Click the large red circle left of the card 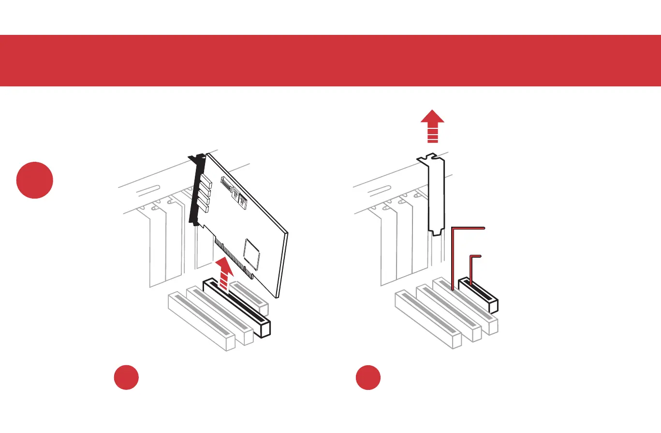coord(34,180)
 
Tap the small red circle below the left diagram coord(127,378)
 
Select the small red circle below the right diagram coord(368,378)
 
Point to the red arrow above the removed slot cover coord(432,125)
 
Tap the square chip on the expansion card coord(251,250)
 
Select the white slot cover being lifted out coord(436,194)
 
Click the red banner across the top coord(330,61)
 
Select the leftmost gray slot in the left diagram coord(201,320)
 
